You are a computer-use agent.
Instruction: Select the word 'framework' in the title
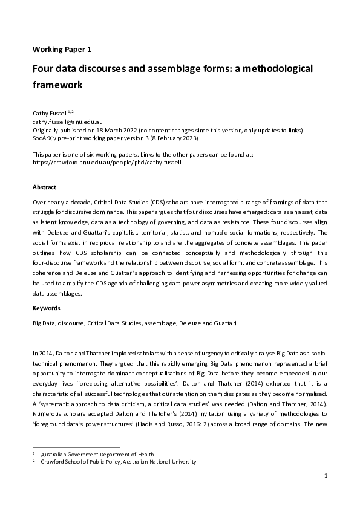coord(57,85)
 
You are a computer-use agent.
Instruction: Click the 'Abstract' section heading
coord(45,187)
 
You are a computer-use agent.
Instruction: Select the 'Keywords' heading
coord(47,308)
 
